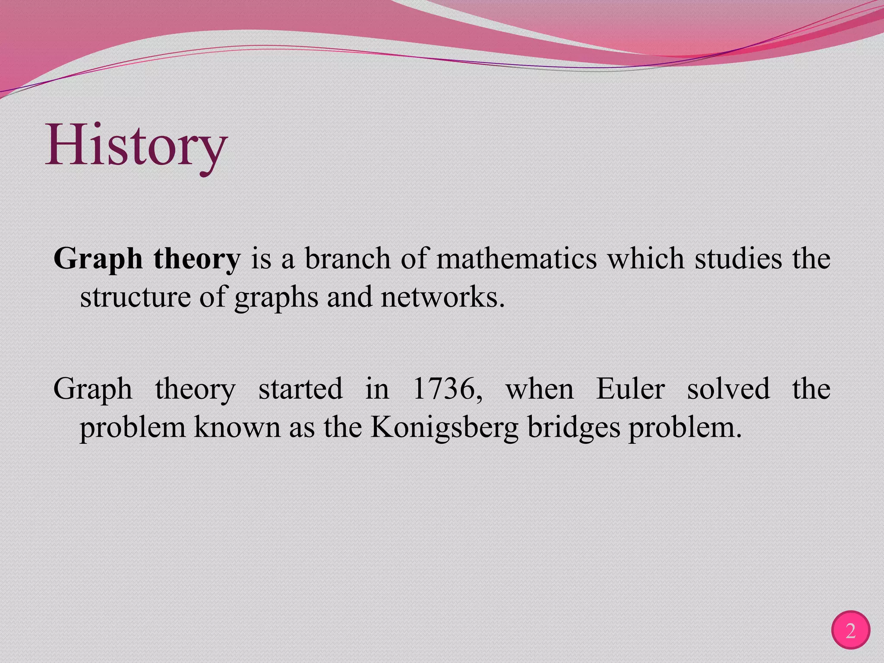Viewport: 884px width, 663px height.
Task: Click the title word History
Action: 136,146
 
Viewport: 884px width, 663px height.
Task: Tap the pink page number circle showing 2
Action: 850,631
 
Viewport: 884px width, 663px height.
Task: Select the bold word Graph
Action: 98,259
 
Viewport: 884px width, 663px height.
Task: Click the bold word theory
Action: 196,259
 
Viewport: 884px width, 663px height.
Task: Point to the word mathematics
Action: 516,259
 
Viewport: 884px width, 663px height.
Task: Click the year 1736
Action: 447,388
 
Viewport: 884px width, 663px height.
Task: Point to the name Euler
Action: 630,388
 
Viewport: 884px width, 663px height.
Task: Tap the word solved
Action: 728,388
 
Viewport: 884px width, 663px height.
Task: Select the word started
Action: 300,388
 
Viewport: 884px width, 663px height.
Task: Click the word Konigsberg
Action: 444,428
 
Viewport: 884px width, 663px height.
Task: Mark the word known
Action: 237,428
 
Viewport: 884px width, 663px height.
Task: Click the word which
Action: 646,259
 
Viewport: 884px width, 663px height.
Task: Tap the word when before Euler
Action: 540,388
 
